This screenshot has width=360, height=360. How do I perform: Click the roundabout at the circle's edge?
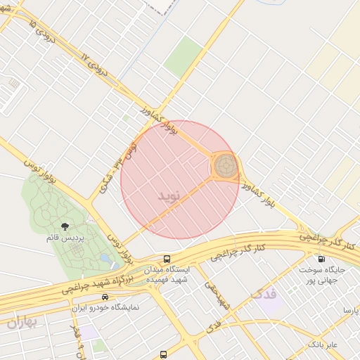point(225,167)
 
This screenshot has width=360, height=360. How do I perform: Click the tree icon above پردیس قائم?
point(65,226)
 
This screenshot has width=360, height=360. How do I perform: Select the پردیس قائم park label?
point(65,238)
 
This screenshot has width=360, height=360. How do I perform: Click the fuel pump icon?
point(321,258)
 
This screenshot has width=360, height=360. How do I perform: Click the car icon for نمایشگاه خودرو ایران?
point(104,297)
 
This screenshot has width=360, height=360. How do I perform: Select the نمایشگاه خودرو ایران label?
point(105,308)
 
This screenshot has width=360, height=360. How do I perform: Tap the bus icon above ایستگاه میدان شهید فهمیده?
point(167,258)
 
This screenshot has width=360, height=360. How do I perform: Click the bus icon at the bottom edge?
point(163,354)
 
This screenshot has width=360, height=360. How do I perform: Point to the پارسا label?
point(350,310)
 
